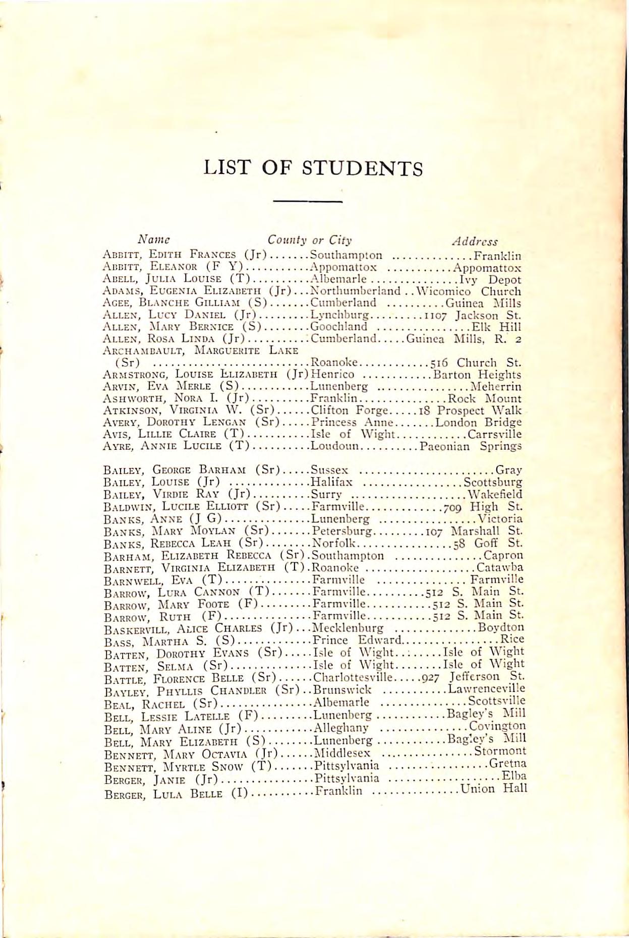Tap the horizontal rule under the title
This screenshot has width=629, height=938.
pos(307,202)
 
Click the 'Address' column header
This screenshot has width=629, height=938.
pos(475,242)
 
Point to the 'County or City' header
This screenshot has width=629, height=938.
pos(310,240)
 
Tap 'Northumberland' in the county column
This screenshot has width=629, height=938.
pos(355,291)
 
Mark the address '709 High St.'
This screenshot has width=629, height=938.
pos(483,506)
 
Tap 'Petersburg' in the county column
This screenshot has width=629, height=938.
pos(342,531)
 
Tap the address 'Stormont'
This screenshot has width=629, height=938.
pos(500,752)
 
